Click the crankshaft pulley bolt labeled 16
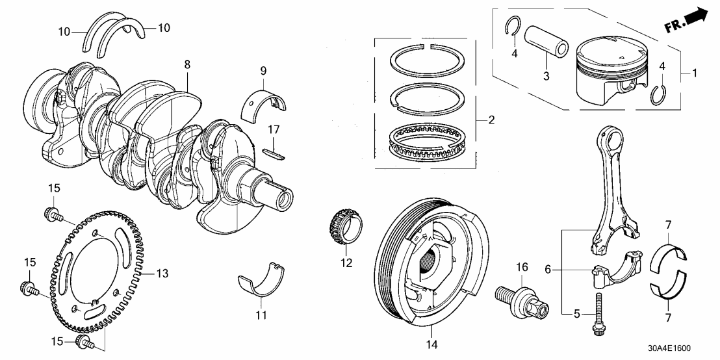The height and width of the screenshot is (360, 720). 517,296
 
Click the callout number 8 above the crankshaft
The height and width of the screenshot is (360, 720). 187,66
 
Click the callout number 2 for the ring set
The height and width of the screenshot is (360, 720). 492,120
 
